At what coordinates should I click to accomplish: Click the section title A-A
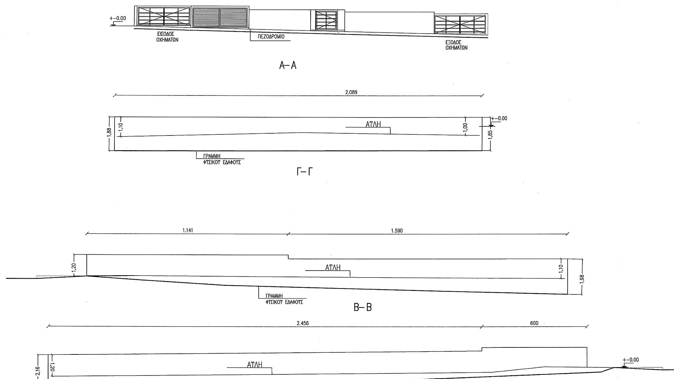click(x=288, y=65)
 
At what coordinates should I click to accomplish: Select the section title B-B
click(x=363, y=308)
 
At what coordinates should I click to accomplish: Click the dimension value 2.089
click(x=351, y=92)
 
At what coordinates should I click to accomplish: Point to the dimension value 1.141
click(x=188, y=231)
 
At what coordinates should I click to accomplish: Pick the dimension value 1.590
click(x=397, y=231)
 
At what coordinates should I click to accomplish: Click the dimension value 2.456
click(x=303, y=323)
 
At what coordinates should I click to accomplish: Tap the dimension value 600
click(x=534, y=323)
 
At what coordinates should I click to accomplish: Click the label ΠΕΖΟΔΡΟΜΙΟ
click(x=271, y=36)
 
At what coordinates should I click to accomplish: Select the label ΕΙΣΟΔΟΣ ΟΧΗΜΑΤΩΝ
click(x=167, y=37)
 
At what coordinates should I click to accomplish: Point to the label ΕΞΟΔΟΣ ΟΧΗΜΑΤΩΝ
click(x=456, y=45)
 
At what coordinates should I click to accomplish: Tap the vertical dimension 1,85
click(x=490, y=134)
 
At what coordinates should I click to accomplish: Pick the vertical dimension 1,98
click(x=582, y=278)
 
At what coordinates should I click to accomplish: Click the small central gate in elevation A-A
click(x=326, y=20)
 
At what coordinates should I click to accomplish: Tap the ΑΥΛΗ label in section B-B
click(x=333, y=268)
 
